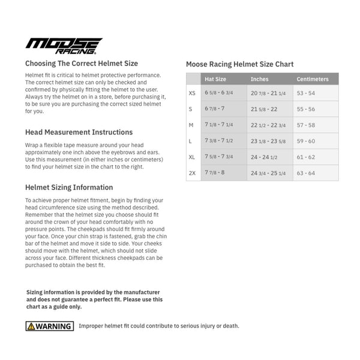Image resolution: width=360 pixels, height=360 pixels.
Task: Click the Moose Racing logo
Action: [64, 46]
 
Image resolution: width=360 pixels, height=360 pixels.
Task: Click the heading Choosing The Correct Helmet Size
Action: [82, 63]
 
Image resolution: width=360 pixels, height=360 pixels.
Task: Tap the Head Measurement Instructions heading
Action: [79, 132]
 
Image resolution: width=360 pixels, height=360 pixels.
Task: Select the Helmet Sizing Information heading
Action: [69, 187]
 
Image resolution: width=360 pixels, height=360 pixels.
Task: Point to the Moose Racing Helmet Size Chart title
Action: [240, 64]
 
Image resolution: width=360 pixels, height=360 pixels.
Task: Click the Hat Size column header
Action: [215, 79]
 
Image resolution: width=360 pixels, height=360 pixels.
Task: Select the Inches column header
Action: [260, 79]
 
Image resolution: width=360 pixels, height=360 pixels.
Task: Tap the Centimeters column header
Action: [313, 79]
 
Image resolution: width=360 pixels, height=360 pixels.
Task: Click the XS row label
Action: [192, 94]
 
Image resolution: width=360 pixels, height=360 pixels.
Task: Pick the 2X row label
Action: [192, 173]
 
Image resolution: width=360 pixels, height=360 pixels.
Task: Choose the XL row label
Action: [192, 157]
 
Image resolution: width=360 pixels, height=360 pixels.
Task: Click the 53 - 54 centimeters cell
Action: [305, 94]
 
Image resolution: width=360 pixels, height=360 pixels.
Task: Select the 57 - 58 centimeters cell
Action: [305, 125]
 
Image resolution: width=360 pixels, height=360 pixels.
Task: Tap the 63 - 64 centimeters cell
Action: [305, 173]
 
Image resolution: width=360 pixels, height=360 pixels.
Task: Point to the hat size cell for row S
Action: [215, 109]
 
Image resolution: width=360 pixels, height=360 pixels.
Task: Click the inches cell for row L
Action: [268, 141]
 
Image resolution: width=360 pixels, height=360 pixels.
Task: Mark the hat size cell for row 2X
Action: [215, 173]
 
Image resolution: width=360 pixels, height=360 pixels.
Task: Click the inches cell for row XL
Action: [264, 157]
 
